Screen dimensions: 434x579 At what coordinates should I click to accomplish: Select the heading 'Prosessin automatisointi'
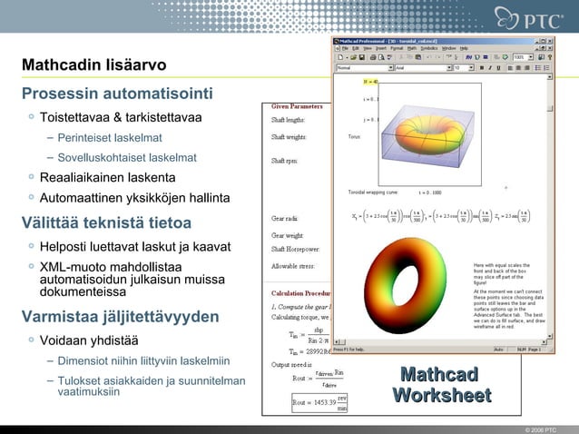coord(117,94)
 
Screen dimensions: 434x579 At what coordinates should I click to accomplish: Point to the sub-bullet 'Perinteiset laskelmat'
coord(110,138)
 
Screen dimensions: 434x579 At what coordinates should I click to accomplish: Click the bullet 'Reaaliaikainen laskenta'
coord(107,177)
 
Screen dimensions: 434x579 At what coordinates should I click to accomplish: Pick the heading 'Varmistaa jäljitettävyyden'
coord(120,317)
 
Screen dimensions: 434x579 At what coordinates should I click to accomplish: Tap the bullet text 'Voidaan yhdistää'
coord(89,340)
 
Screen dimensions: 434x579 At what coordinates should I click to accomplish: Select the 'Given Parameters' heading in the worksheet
coord(295,107)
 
